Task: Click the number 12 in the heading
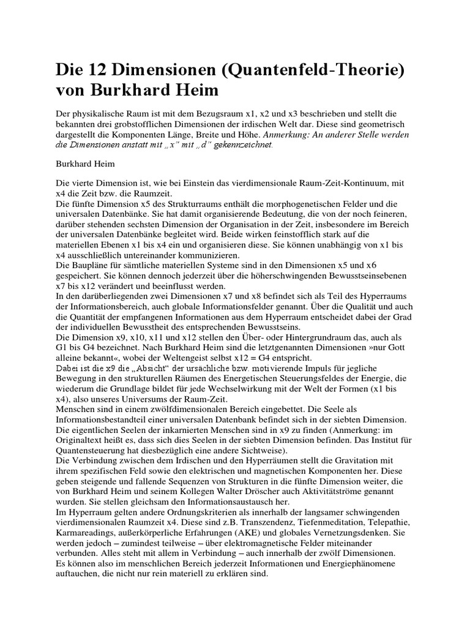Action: coord(91,70)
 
